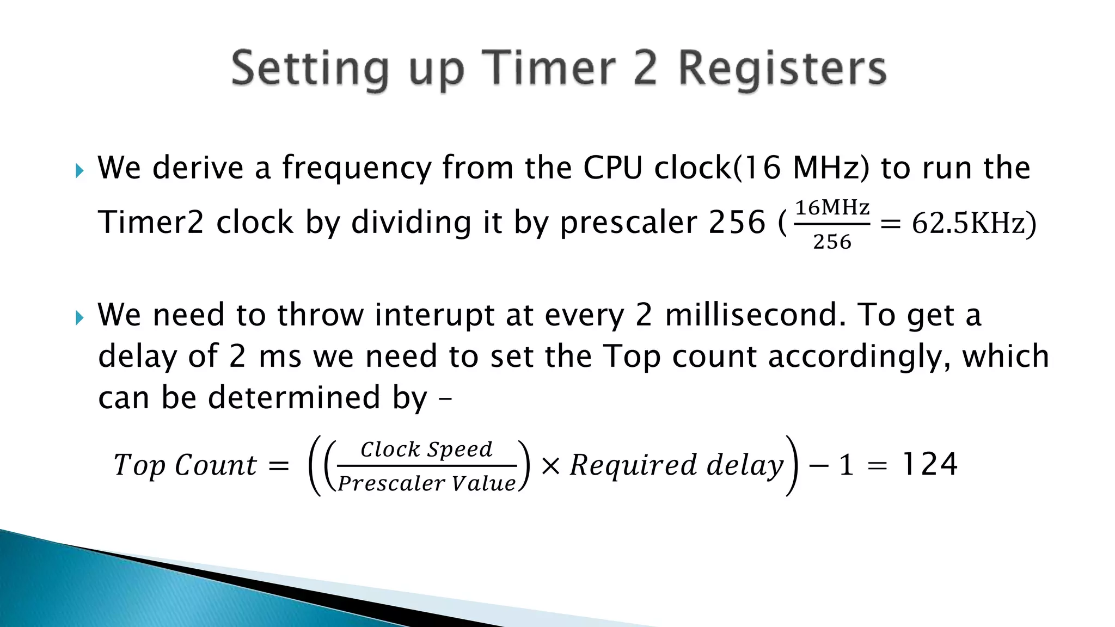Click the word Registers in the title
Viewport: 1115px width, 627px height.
pyautogui.click(x=782, y=69)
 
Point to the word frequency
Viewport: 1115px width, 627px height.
pyautogui.click(x=357, y=168)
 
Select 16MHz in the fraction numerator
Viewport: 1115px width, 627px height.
pyautogui.click(x=832, y=207)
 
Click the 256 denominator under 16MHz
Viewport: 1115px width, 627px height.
pyautogui.click(x=832, y=242)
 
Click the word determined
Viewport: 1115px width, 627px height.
pyautogui.click(x=295, y=397)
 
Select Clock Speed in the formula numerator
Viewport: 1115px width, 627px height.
pyautogui.click(x=426, y=450)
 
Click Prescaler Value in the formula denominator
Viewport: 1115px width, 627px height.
pyautogui.click(x=426, y=483)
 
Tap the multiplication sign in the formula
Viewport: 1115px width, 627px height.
pyautogui.click(x=551, y=466)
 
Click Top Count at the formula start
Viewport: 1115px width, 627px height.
pyautogui.click(x=185, y=466)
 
